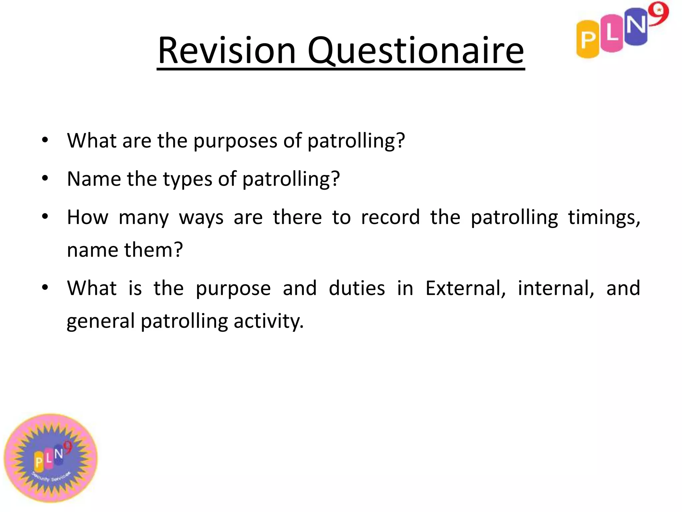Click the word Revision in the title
(227, 51)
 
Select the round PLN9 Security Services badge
(51, 458)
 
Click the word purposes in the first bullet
(235, 141)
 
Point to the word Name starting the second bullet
(94, 179)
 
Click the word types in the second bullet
(187, 180)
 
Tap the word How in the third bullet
(88, 217)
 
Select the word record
(390, 217)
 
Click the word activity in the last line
(268, 321)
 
